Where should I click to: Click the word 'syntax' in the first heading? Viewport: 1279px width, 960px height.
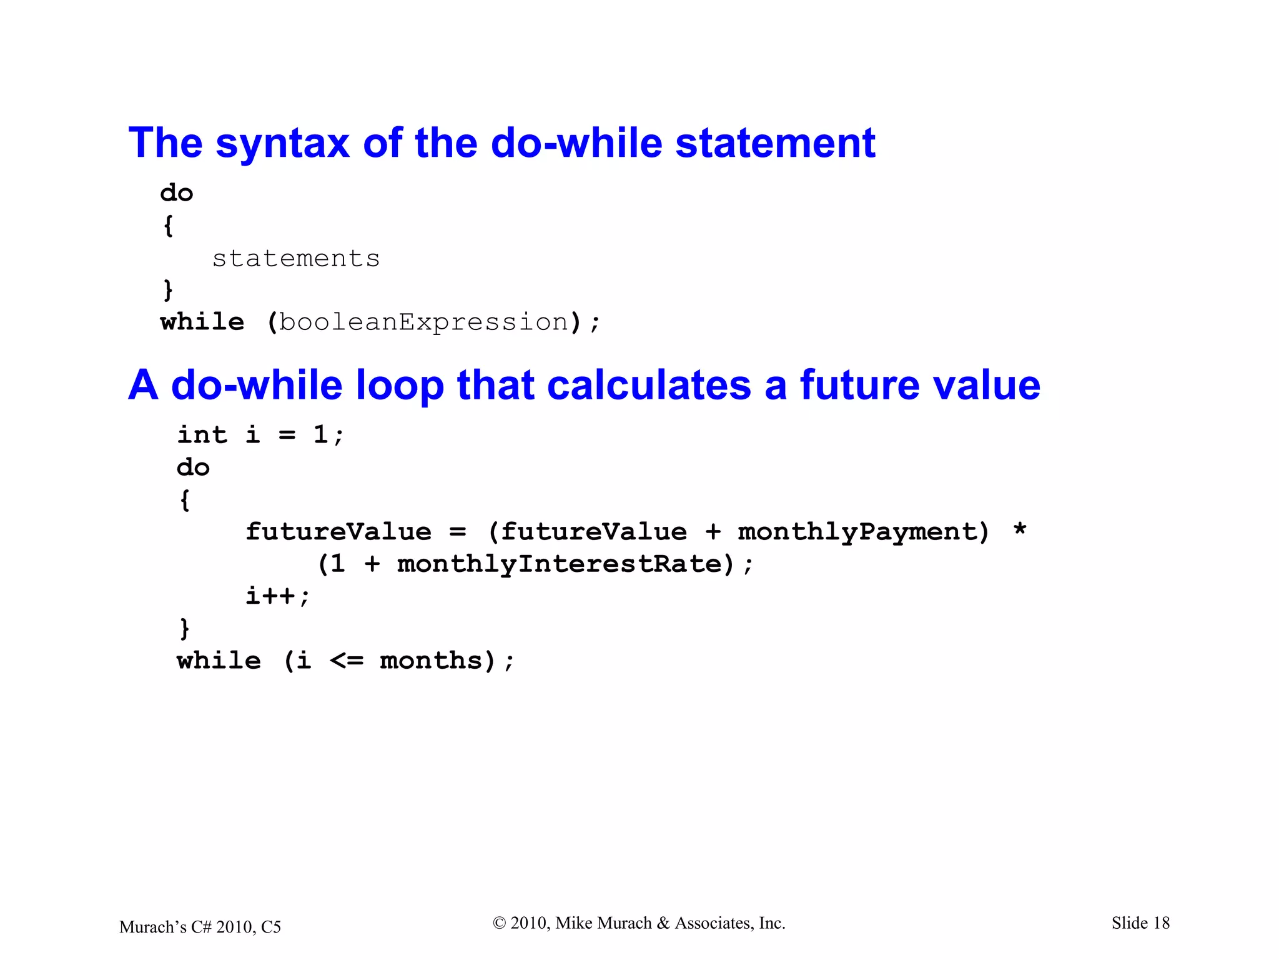[282, 144]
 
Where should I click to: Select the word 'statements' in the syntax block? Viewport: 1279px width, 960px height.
[296, 258]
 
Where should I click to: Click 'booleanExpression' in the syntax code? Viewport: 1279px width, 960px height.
[424, 322]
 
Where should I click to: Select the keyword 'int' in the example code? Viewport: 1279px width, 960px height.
[202, 434]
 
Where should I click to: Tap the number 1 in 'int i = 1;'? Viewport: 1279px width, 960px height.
[320, 434]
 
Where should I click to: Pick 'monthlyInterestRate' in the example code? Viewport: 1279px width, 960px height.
[560, 564]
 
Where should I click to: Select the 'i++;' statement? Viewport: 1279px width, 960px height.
[277, 596]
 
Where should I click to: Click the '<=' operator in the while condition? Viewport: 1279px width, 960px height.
[347, 661]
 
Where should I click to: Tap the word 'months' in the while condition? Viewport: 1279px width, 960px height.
[431, 661]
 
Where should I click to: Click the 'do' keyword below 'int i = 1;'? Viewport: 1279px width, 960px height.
[193, 467]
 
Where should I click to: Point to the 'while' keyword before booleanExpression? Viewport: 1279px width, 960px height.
[202, 322]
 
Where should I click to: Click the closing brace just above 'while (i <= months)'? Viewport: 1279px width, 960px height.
[184, 628]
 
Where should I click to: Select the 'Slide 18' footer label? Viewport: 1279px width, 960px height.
[1140, 923]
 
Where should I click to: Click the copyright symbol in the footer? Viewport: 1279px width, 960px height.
[499, 923]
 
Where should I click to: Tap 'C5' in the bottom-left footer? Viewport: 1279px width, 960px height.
[271, 927]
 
